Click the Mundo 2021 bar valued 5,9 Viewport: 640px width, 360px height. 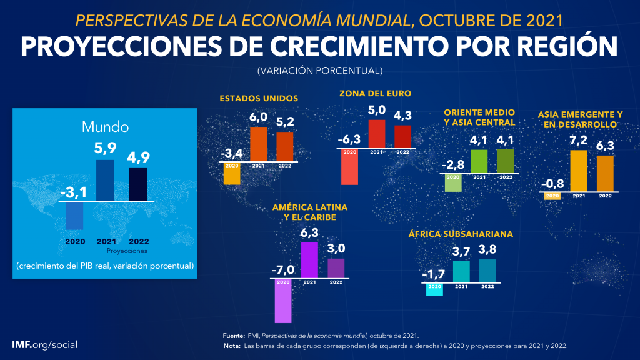pyautogui.click(x=105, y=180)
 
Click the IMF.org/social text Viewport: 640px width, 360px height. pyautogui.click(x=45, y=345)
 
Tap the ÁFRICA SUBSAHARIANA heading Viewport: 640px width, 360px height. pyautogui.click(x=461, y=234)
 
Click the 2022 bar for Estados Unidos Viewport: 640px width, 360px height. pyautogui.click(x=285, y=147)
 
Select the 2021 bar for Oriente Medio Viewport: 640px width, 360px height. pyautogui.click(x=479, y=161)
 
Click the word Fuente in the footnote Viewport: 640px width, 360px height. pyautogui.click(x=234, y=336)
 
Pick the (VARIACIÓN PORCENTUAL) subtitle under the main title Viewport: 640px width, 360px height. pyautogui.click(x=319, y=71)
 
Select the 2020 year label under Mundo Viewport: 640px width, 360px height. pyautogui.click(x=74, y=241)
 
